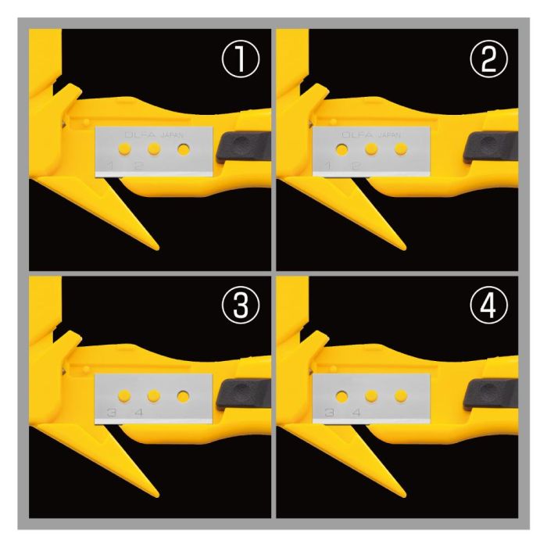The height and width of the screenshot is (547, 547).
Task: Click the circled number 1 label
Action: (241, 59)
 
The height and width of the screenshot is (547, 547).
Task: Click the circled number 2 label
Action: (488, 59)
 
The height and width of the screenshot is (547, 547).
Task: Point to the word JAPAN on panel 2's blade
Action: (389, 134)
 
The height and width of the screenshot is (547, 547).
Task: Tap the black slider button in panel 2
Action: (491, 146)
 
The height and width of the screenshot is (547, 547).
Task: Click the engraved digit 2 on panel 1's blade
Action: (138, 166)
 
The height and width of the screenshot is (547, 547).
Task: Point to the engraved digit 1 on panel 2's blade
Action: (328, 166)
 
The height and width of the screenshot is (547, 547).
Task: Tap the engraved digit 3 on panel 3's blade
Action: (111, 413)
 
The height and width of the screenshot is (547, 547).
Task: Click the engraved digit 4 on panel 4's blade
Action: (356, 413)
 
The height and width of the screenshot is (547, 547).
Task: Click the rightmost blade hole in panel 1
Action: (184, 149)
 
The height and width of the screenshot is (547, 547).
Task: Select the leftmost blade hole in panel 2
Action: (342, 149)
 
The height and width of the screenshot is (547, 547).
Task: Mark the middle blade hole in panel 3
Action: (154, 396)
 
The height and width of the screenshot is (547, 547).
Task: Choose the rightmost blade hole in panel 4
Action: (401, 396)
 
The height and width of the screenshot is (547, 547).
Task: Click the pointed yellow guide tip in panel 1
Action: (157, 247)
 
